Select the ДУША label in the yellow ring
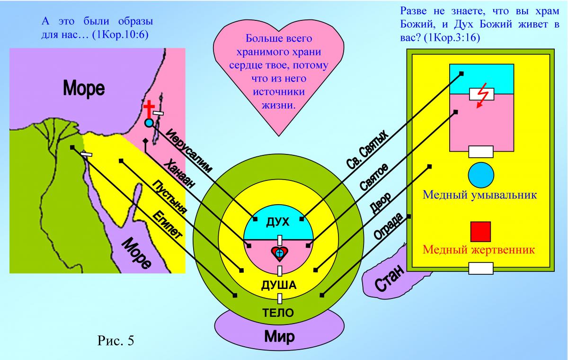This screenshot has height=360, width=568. [x=279, y=285]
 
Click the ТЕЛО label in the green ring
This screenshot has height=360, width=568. [x=278, y=313]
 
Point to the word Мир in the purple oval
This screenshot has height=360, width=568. [x=279, y=337]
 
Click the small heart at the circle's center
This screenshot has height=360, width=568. [x=279, y=253]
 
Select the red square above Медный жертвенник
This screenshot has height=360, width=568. [x=480, y=231]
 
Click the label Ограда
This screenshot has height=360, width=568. [x=389, y=226]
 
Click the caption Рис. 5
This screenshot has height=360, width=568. [x=115, y=340]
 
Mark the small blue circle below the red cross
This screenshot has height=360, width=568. [x=149, y=123]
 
